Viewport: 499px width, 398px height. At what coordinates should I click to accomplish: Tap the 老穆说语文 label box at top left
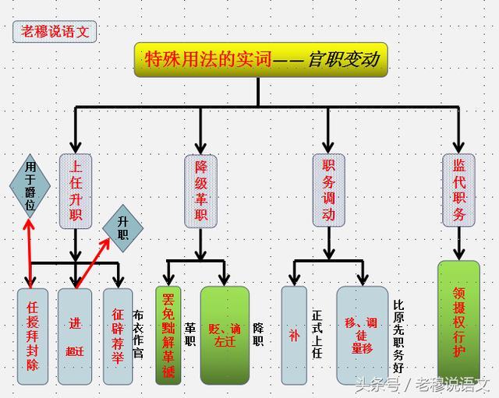click(x=55, y=31)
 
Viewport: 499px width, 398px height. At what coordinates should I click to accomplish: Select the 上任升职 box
click(x=76, y=191)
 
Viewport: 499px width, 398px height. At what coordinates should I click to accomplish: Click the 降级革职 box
click(x=200, y=191)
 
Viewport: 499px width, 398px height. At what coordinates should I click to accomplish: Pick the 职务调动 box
click(x=328, y=191)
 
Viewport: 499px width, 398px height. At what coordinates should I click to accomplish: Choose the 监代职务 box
click(x=458, y=191)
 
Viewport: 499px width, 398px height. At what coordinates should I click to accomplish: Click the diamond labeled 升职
click(x=123, y=227)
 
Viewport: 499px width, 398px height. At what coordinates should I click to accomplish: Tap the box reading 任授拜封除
click(x=33, y=335)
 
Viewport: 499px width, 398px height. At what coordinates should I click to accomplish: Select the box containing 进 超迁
click(x=75, y=335)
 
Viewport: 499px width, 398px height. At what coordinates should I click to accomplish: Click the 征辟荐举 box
click(x=118, y=335)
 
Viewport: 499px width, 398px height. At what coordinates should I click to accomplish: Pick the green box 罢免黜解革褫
click(x=168, y=335)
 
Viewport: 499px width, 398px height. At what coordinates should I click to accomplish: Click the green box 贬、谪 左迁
click(x=225, y=335)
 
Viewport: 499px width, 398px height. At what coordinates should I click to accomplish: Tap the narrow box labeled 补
click(x=294, y=335)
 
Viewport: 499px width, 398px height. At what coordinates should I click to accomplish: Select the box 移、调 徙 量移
click(x=362, y=335)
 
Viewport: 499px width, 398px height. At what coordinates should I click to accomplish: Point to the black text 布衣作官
click(x=139, y=335)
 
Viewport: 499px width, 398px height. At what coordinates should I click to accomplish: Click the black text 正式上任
click(x=317, y=335)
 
